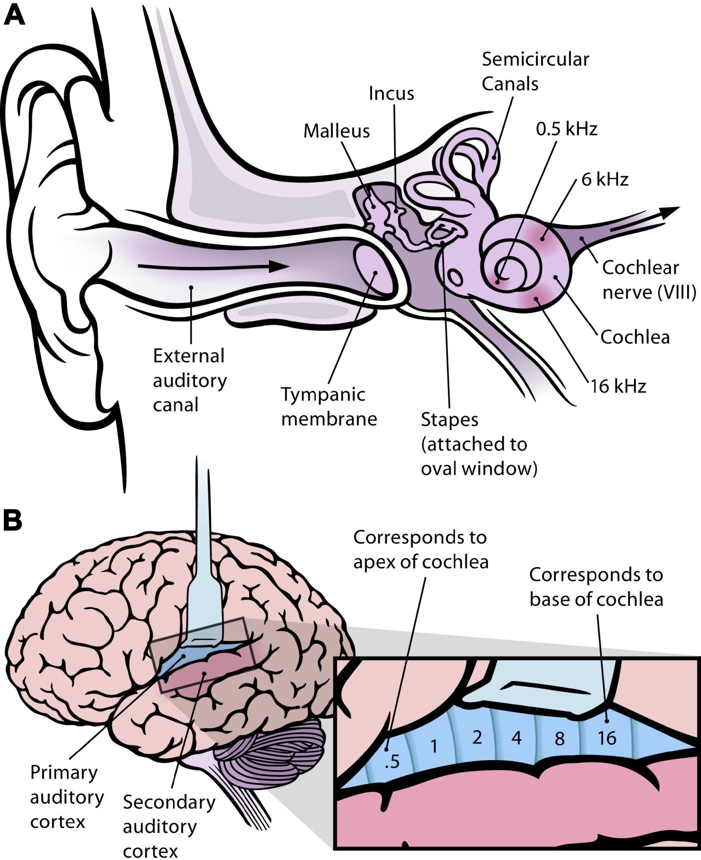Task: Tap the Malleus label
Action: click(x=336, y=131)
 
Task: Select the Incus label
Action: click(x=391, y=94)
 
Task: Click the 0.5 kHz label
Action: click(x=566, y=129)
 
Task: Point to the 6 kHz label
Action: click(x=604, y=180)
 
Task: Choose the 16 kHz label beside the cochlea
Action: click(x=618, y=386)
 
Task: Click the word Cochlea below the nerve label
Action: click(x=635, y=337)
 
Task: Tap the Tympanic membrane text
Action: click(x=329, y=406)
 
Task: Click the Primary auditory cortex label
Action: click(x=66, y=797)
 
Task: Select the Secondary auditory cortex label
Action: click(x=168, y=826)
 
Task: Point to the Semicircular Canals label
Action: click(x=535, y=71)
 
